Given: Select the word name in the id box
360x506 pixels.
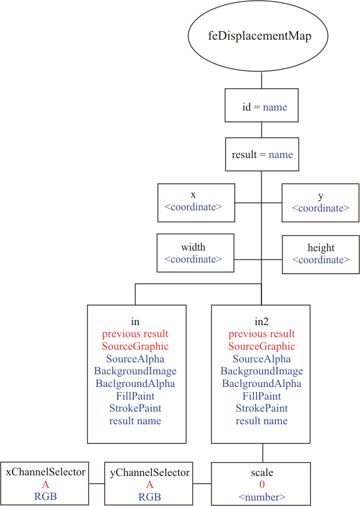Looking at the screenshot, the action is (x=275, y=107).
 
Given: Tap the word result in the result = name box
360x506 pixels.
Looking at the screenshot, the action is (x=244, y=154).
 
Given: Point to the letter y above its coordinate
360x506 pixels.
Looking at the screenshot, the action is (x=320, y=196).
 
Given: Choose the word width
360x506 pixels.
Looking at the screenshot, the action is (x=193, y=247).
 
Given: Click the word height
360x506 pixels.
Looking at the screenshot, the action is (x=321, y=248).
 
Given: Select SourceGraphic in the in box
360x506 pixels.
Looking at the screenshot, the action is (x=135, y=346).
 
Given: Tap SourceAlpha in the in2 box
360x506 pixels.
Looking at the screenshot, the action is (x=261, y=359).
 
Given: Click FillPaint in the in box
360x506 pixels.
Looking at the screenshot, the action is (x=135, y=396).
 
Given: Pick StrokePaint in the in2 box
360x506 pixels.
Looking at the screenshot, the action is (x=261, y=408).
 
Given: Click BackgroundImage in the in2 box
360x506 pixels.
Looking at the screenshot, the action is (x=261, y=371).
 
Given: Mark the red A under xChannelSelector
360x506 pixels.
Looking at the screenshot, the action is (x=46, y=484).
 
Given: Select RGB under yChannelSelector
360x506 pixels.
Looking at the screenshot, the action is (x=150, y=497).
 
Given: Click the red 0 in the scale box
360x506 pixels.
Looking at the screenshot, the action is (x=262, y=484).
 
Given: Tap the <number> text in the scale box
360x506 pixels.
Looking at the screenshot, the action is (x=262, y=497).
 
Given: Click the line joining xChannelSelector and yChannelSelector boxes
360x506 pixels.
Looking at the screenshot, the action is (x=97, y=483).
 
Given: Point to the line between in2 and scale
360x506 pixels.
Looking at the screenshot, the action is (x=263, y=453).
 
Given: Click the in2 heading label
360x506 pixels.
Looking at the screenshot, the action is (x=261, y=322).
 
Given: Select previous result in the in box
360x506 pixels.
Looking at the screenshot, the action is (x=135, y=334).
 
